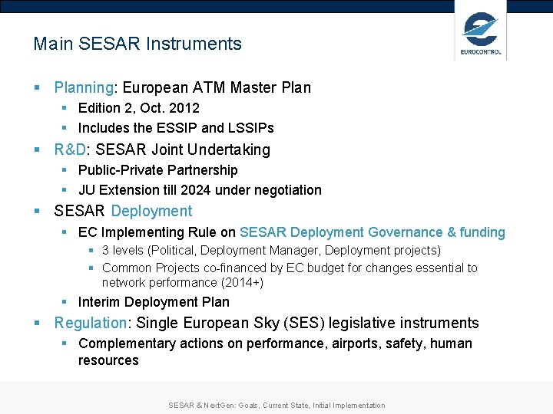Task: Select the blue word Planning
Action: [84, 87]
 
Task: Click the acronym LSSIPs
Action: [250, 128]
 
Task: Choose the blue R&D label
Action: [70, 149]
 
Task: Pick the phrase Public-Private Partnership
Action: [158, 170]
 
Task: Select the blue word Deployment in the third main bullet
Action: [151, 211]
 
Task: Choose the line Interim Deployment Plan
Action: [154, 302]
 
